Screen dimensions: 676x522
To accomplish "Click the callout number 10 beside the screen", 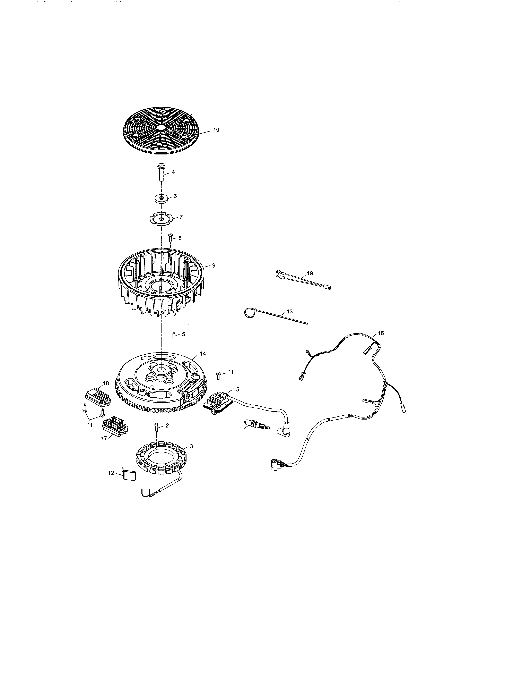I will (x=216, y=130).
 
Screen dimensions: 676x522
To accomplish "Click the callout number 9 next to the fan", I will (x=214, y=265).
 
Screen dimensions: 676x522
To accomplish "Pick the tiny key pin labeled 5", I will (x=174, y=335).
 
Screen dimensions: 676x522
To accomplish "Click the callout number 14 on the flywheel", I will (x=203, y=354).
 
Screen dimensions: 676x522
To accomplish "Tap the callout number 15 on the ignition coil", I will (x=236, y=389).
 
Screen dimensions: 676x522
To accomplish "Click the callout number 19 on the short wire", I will (x=310, y=273).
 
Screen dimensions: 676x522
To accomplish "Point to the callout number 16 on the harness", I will (x=381, y=333).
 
